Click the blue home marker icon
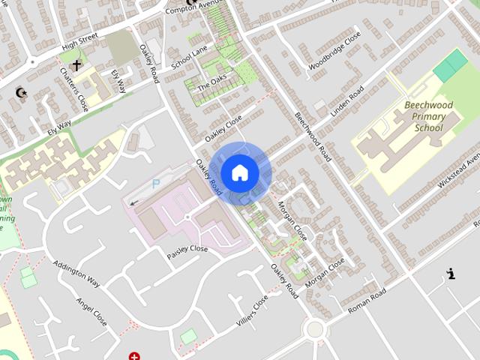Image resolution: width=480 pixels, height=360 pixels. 239,173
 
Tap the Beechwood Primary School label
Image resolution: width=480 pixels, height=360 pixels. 434,117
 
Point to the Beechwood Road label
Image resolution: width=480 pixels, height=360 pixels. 313,133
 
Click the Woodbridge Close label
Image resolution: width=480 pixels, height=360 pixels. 334,51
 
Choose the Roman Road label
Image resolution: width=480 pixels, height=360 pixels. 367,298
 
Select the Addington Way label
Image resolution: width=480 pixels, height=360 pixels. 76,274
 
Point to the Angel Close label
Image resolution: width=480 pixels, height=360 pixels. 91,312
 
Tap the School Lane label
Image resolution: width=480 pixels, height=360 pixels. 189,57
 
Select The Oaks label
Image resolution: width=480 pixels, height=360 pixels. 211,83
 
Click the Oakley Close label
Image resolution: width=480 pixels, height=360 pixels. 223,129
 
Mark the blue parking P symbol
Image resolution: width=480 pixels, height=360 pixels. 156,183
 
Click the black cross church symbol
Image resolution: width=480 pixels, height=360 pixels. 76,66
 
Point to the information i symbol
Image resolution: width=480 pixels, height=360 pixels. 450,274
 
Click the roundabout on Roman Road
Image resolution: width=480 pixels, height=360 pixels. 314,328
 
